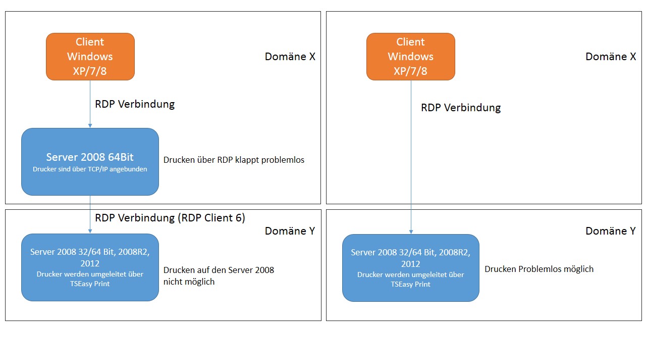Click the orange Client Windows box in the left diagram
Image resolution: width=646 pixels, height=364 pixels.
click(x=90, y=57)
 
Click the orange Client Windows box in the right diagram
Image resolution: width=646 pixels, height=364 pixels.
click(x=411, y=57)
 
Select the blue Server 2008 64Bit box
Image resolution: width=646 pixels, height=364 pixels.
click(x=90, y=162)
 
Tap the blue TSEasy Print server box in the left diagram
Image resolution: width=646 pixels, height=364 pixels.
click(x=90, y=267)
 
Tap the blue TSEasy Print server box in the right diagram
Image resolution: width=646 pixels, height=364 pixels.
click(x=411, y=268)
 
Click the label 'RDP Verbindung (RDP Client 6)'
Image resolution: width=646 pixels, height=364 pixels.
click(x=170, y=218)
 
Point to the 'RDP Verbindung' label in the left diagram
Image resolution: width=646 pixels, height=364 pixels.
click(x=135, y=104)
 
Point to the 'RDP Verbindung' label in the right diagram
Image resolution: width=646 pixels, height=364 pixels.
click(x=461, y=108)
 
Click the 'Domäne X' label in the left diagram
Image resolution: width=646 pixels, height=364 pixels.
click(x=290, y=57)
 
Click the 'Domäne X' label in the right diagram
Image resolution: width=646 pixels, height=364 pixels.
click(x=611, y=57)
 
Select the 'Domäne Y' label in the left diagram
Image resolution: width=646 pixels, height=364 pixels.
click(x=290, y=231)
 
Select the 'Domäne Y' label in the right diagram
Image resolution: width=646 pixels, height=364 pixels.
click(x=611, y=231)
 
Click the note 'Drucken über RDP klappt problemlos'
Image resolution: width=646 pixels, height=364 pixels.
click(x=234, y=160)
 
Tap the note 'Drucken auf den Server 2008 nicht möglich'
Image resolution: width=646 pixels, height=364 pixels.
click(x=219, y=276)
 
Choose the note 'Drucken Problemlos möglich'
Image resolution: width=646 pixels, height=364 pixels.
click(x=539, y=269)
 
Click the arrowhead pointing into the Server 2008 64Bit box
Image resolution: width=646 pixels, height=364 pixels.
click(x=90, y=126)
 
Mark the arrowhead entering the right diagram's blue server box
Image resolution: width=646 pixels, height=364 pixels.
click(x=411, y=232)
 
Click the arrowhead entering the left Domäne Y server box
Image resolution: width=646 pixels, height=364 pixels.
click(x=90, y=232)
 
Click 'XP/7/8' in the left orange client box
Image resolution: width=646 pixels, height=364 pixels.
click(x=90, y=71)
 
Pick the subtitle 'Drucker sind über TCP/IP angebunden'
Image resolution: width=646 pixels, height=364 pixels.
click(x=90, y=169)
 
